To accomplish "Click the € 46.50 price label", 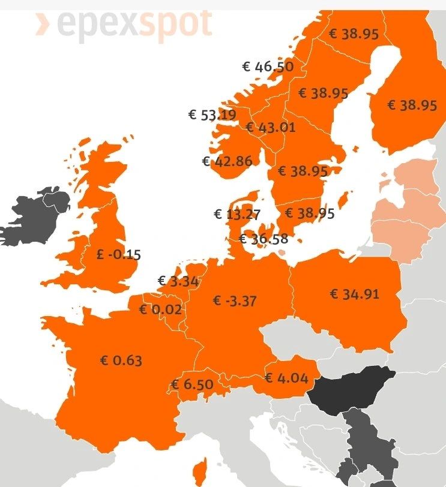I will (268, 67).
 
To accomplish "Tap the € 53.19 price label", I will (212, 115).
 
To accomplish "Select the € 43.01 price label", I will (270, 127).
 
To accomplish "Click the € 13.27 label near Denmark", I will (237, 214).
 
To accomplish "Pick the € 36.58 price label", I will (264, 239).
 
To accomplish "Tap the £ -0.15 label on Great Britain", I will (118, 254).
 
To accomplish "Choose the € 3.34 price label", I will (178, 281).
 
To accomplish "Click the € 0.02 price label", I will (160, 310).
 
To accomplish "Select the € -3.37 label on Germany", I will (235, 300).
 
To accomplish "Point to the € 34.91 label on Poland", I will (354, 294).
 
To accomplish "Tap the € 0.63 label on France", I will (121, 360).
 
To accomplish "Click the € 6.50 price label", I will (192, 384).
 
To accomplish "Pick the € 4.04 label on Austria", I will (286, 378).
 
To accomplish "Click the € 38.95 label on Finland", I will (412, 106).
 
